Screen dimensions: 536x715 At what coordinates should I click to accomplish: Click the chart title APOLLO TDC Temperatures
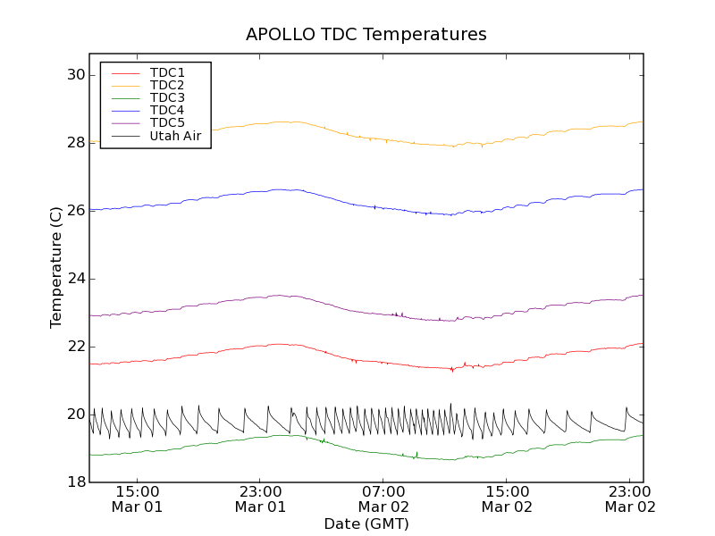pyautogui.click(x=366, y=35)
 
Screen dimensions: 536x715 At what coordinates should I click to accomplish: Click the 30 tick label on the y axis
pyautogui.click(x=75, y=75)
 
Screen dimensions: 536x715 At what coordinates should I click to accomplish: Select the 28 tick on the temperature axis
pyautogui.click(x=75, y=143)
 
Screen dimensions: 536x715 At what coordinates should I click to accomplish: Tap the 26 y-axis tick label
pyautogui.click(x=75, y=211)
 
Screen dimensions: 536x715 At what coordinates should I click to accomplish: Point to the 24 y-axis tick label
pyautogui.click(x=75, y=279)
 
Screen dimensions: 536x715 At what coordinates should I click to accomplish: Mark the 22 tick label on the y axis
pyautogui.click(x=75, y=347)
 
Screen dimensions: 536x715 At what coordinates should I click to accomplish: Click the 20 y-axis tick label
pyautogui.click(x=75, y=415)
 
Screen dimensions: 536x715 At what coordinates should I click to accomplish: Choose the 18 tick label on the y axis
pyautogui.click(x=75, y=482)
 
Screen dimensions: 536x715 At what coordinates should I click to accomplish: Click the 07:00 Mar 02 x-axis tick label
pyautogui.click(x=383, y=498)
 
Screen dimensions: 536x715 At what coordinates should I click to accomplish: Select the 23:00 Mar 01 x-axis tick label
pyautogui.click(x=260, y=498)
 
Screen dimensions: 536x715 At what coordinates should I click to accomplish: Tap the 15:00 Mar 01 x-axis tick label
pyautogui.click(x=137, y=498)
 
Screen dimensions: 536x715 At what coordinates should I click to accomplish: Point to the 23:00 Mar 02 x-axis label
pyautogui.click(x=630, y=498)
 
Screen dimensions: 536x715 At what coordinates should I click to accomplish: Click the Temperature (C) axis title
pyautogui.click(x=56, y=267)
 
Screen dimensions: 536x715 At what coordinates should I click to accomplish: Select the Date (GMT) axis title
pyautogui.click(x=366, y=523)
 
